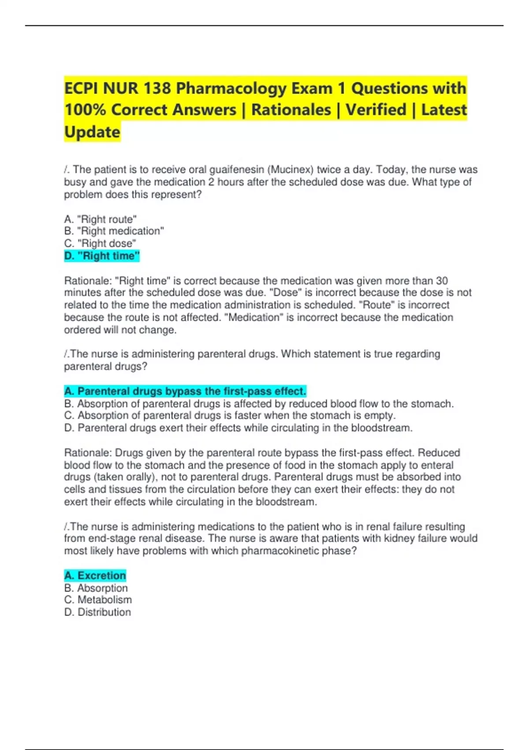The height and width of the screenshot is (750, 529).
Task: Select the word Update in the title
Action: coord(92,132)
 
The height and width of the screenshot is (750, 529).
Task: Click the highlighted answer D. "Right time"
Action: coord(102,256)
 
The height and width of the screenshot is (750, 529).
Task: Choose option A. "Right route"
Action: coord(101,219)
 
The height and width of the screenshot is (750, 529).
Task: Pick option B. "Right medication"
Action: coord(114,231)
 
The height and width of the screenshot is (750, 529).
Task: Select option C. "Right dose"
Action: coord(100,244)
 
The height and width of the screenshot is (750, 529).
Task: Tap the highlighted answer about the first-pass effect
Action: coord(185,391)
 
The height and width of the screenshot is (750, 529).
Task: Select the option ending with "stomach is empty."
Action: coord(230,416)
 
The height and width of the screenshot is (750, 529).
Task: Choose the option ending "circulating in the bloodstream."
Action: coord(238,428)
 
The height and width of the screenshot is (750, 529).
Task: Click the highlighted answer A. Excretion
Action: coord(95,576)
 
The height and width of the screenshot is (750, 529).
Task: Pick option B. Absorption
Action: coord(96,588)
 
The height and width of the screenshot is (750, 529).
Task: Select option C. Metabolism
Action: coord(98,600)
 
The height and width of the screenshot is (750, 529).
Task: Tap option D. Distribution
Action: coord(97,612)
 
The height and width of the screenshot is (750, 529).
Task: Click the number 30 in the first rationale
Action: coord(442,281)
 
